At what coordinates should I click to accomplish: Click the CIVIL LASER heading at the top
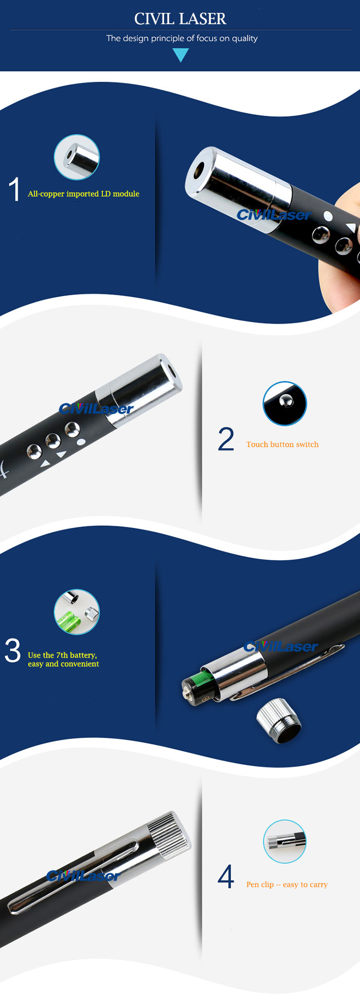[180, 19]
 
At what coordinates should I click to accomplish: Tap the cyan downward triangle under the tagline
[181, 55]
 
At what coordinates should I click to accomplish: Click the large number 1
[14, 189]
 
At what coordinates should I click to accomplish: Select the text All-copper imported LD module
[83, 194]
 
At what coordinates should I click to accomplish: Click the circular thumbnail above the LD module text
[77, 157]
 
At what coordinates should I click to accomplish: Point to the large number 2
[226, 439]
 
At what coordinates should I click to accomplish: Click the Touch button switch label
[282, 445]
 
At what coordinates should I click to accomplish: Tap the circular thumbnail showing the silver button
[284, 403]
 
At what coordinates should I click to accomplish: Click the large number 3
[12, 651]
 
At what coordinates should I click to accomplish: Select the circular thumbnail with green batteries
[77, 612]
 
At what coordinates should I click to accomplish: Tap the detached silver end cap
[279, 720]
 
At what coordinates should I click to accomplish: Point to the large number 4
[226, 877]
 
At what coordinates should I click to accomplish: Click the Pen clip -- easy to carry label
[287, 884]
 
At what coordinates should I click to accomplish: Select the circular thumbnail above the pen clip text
[284, 842]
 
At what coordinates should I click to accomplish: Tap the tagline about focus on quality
[182, 38]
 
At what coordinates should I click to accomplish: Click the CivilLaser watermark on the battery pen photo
[281, 647]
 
